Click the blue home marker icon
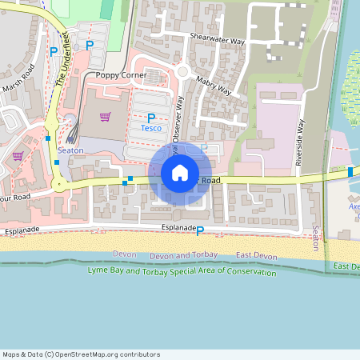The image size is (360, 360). click(180, 172)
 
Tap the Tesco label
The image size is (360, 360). click(151, 128)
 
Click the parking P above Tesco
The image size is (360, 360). click(150, 118)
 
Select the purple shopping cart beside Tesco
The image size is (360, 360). click(105, 117)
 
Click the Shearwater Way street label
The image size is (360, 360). click(217, 38)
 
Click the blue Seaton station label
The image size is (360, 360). click(70, 150)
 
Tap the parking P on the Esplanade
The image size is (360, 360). click(200, 231)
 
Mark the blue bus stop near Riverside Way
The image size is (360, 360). click(350, 172)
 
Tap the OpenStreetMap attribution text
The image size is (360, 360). click(81, 354)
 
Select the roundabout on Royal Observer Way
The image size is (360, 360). click(182, 72)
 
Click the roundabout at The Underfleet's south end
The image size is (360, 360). click(58, 184)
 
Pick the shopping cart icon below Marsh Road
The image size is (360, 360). click(17, 156)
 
